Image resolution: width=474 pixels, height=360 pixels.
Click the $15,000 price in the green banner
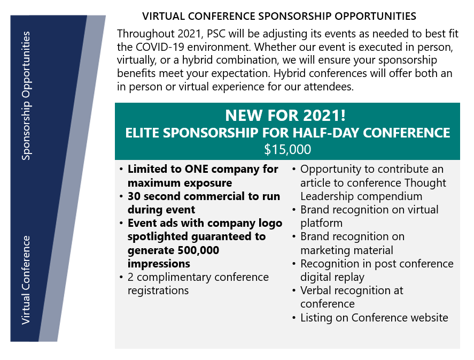click(287, 149)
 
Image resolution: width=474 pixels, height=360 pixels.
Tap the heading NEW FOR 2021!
click(285, 115)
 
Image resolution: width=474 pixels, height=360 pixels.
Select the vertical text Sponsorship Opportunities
click(26, 96)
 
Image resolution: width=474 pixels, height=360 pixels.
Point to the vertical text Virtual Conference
click(26, 280)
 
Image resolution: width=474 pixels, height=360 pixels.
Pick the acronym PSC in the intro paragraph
click(216, 34)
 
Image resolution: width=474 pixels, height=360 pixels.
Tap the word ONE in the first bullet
click(197, 169)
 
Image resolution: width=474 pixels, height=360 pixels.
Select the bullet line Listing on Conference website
click(374, 318)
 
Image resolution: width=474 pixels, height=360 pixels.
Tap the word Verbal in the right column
click(316, 290)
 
